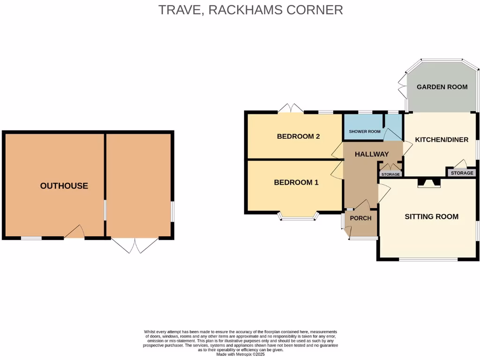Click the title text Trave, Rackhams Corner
(250, 10)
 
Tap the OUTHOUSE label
(64, 186)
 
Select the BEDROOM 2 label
(298, 136)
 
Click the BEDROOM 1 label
(296, 182)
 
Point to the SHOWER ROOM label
(365, 132)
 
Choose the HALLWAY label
(372, 154)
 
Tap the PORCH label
(361, 218)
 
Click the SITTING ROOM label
(431, 217)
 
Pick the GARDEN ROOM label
(442, 87)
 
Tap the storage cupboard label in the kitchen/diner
(462, 173)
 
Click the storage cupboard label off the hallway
(390, 174)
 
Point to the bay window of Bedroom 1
(298, 217)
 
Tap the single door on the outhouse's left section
(75, 232)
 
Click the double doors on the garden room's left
(402, 85)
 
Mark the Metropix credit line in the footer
(240, 354)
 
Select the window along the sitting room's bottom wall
(428, 259)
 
